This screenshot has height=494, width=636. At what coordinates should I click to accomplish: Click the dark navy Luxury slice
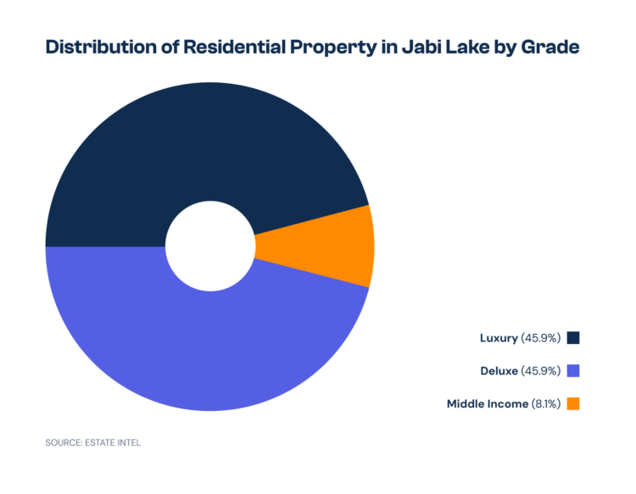[204, 144]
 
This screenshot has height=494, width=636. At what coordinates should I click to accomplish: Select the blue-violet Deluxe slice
[204, 339]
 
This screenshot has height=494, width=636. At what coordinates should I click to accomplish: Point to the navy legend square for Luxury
[573, 338]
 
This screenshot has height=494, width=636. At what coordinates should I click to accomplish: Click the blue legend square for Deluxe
[573, 370]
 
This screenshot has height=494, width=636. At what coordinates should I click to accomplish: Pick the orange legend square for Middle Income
[573, 403]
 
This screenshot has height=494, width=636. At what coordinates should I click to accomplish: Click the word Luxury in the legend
[498, 338]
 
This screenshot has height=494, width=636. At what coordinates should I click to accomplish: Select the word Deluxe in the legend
[499, 370]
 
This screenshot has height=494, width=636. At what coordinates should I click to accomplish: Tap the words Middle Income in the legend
[488, 403]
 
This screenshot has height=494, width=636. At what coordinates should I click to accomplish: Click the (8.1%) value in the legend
[545, 403]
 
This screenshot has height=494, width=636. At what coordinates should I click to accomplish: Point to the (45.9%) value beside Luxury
[541, 338]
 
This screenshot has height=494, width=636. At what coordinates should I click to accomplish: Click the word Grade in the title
[550, 47]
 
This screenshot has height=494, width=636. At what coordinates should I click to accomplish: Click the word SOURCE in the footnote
[64, 441]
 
